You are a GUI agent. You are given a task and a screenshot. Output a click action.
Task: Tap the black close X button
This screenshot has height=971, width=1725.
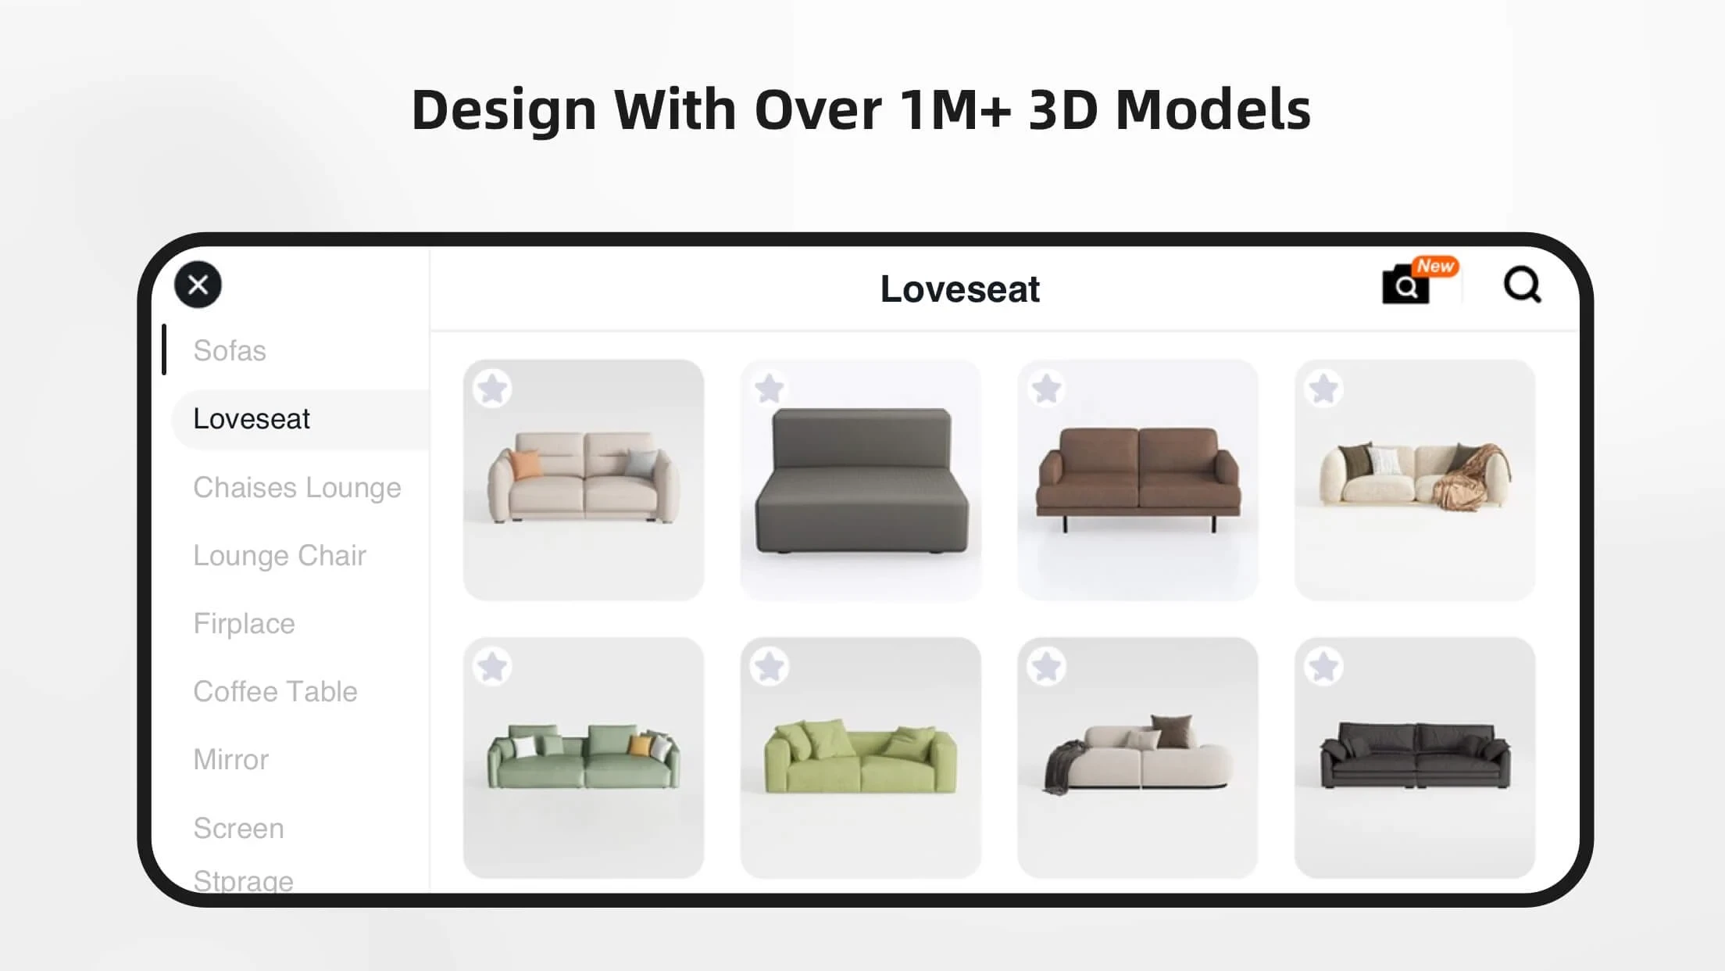point(198,285)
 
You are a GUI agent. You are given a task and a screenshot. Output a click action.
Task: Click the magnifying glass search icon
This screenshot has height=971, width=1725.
point(1522,285)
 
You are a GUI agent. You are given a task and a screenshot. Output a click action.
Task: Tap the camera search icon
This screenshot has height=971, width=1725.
point(1405,285)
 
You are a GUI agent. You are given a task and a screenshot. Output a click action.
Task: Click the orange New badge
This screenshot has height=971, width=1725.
point(1435,267)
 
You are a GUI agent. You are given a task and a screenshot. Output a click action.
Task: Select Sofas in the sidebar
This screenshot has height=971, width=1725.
point(230,350)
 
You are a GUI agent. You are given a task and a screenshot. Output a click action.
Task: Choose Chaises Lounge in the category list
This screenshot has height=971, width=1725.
point(297,487)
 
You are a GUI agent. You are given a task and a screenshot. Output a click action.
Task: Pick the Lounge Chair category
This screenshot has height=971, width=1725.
point(280,555)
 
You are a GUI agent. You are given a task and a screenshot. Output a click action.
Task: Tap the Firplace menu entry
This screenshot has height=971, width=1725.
point(244,623)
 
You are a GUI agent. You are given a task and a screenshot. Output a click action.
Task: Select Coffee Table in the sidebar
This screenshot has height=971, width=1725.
point(275,691)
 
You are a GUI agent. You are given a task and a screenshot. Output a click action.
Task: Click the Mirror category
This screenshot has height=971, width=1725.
point(230,759)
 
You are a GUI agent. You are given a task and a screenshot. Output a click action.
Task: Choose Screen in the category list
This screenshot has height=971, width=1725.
point(238,828)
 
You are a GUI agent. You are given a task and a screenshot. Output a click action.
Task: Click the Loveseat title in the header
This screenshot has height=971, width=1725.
point(959,288)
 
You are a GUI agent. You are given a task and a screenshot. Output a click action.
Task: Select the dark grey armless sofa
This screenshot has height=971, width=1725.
point(861,480)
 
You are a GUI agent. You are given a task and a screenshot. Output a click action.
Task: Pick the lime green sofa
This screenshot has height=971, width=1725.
point(860,756)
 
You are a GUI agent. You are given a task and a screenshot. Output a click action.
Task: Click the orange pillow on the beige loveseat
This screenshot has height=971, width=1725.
point(527,464)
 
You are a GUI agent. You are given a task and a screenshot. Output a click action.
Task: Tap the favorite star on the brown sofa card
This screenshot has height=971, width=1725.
point(1046,389)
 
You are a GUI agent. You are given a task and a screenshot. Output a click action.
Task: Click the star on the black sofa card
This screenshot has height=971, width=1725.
point(1323,667)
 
